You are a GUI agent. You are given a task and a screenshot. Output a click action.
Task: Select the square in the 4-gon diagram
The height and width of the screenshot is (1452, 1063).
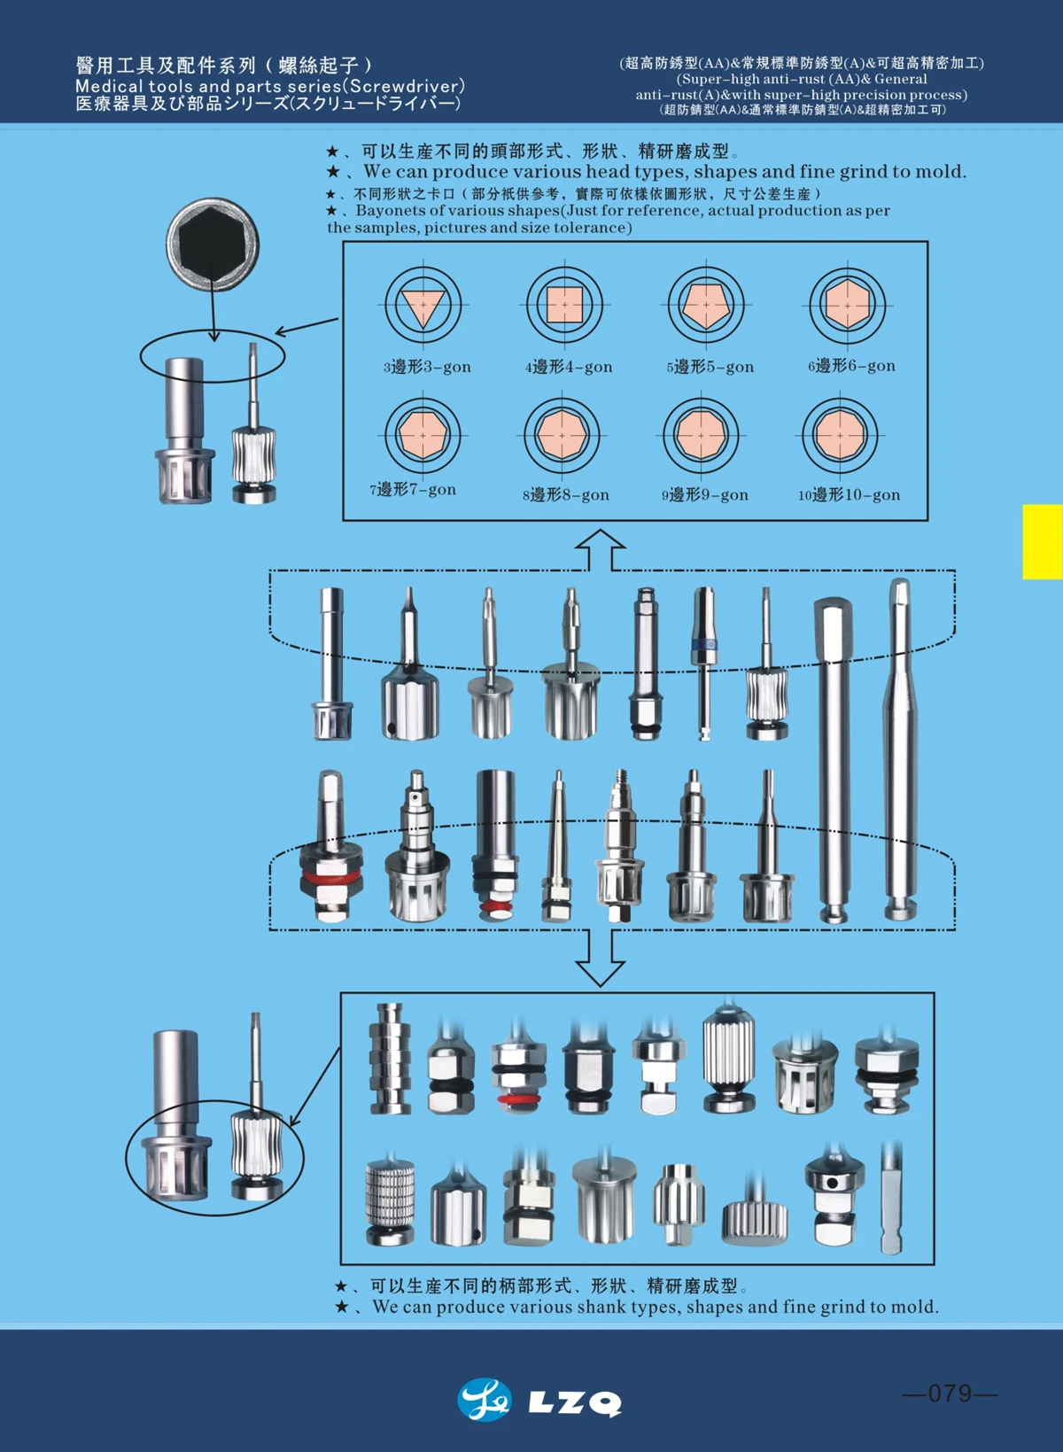click(564, 305)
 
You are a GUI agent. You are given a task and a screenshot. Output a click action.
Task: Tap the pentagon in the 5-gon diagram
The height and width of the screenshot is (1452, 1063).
click(705, 304)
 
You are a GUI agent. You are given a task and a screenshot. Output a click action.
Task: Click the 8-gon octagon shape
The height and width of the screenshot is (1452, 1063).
click(562, 435)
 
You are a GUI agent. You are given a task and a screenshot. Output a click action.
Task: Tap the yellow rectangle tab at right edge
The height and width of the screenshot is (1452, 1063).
click(1042, 541)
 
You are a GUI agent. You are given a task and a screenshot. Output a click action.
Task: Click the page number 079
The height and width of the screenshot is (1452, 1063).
click(950, 1394)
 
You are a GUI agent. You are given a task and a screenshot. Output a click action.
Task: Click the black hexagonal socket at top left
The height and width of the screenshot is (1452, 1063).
click(213, 245)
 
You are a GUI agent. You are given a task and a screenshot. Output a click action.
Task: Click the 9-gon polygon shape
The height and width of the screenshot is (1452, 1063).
click(701, 435)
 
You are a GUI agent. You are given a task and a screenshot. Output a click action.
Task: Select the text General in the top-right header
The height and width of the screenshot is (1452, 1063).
click(901, 79)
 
